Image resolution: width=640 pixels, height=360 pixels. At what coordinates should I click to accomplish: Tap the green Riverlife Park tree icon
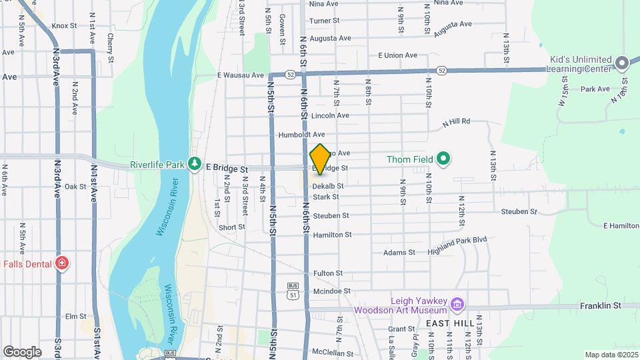pos(194,163)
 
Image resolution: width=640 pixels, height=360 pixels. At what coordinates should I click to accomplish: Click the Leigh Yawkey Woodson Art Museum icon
pos(457,305)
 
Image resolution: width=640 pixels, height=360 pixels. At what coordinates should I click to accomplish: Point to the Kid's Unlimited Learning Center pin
pos(622,63)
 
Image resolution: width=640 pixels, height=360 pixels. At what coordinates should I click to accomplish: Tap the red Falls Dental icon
pos(63,263)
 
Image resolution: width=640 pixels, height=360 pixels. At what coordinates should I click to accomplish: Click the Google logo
pos(22,351)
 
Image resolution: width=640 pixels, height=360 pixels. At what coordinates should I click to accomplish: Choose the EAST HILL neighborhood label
pos(450,323)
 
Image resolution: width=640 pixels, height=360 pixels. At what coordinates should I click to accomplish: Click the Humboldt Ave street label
pos(301,134)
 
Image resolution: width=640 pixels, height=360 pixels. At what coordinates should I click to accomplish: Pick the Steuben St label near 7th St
pos(331,215)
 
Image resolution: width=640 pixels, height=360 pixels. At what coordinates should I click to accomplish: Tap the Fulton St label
pos(328,273)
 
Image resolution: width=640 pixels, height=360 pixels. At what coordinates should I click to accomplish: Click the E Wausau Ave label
pos(241,75)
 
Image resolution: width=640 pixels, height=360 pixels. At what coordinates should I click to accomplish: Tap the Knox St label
pos(65,26)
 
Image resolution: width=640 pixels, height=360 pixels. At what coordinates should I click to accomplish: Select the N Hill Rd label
pos(457,121)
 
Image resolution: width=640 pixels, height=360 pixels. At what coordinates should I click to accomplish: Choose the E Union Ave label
pos(397,55)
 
